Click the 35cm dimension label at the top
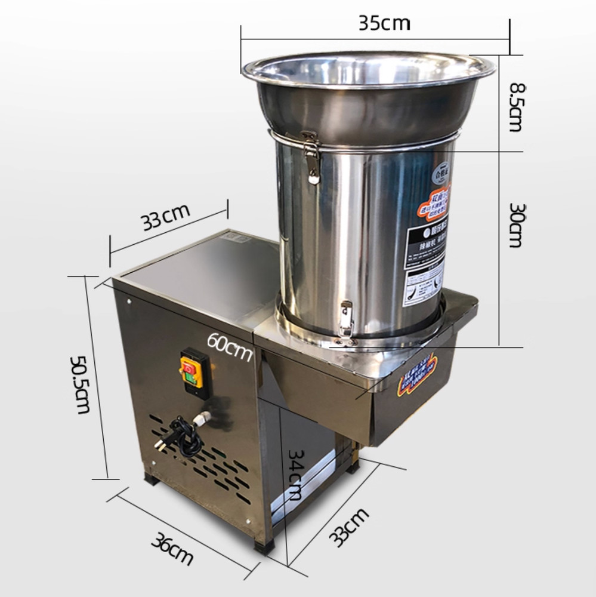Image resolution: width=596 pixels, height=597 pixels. click(x=384, y=23)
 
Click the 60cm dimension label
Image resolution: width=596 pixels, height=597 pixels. click(x=230, y=345)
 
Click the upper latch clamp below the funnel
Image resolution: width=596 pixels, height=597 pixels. click(x=310, y=156)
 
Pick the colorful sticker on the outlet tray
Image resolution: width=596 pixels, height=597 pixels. click(x=418, y=376)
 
